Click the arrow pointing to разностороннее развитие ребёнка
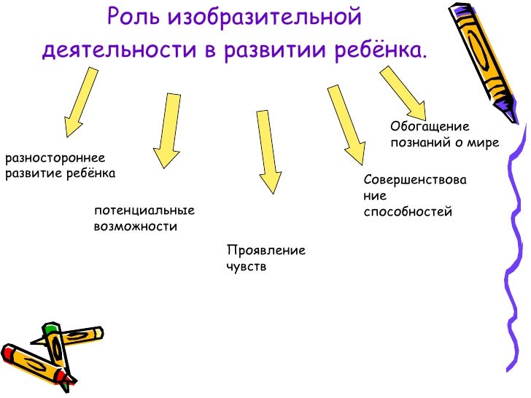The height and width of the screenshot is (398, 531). [80, 103]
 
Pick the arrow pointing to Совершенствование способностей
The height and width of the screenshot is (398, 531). [346, 124]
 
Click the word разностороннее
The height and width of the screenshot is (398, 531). [55, 158]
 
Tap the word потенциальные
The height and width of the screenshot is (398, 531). [144, 211]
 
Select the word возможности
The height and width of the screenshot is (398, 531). [136, 227]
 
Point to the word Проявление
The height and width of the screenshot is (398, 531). [266, 251]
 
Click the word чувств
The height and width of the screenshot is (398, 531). [247, 267]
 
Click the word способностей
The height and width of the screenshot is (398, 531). [408, 212]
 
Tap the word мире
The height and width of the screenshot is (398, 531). [484, 143]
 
